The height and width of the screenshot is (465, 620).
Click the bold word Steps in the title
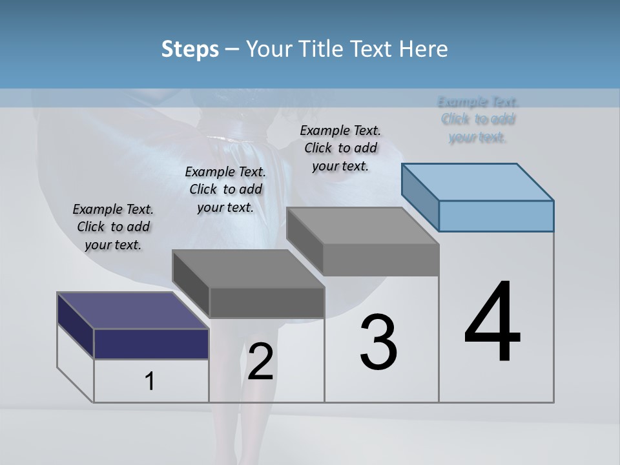click(x=189, y=49)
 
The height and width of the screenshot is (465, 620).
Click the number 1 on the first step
click(x=150, y=382)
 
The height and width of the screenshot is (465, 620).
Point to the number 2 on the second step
click(x=260, y=362)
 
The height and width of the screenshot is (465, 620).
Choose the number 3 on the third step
click(x=378, y=342)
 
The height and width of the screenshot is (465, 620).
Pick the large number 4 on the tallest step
click(x=493, y=322)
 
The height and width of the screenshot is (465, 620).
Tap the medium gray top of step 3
click(x=362, y=226)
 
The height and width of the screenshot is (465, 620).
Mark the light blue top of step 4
click(x=478, y=181)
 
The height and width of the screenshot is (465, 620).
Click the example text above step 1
click(x=113, y=227)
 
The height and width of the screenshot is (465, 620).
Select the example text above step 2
click(x=225, y=189)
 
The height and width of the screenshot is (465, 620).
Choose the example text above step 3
click(x=340, y=148)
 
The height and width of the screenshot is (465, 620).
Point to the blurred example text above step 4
click(x=478, y=119)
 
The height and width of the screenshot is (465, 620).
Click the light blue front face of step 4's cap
click(x=496, y=216)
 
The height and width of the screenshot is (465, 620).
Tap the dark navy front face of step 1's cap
click(x=151, y=344)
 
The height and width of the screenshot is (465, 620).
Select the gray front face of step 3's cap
click(x=381, y=260)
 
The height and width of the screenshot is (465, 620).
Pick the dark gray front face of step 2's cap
click(x=267, y=302)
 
